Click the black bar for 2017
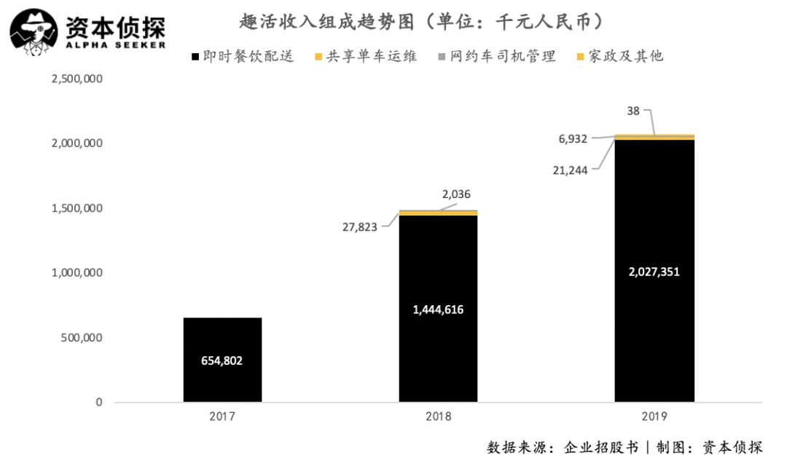222,335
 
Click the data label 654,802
222,360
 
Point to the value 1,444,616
438,310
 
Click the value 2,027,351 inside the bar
654,272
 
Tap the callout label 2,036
456,194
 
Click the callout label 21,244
571,168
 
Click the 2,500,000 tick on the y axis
77,79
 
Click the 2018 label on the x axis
438,417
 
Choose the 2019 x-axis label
654,417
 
